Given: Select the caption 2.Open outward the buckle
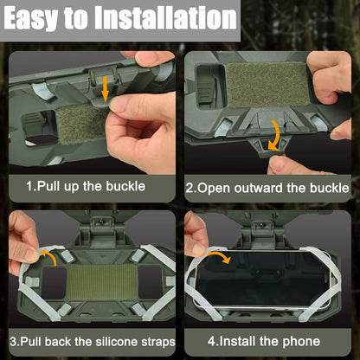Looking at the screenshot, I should pos(268,187).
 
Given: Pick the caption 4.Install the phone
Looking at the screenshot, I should pos(268,341).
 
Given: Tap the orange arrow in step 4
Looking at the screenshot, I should pos(219,258).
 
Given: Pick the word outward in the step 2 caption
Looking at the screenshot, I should pos(259,187).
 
